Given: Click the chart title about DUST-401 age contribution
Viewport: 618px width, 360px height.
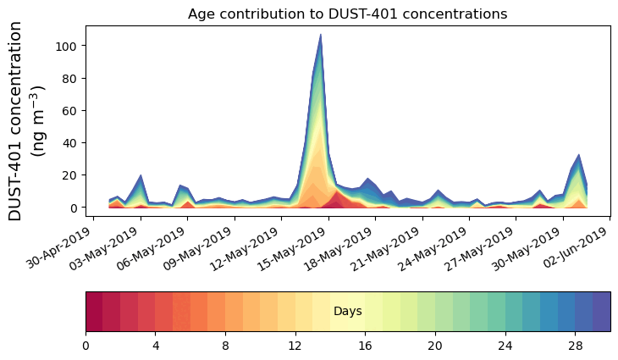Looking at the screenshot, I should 347,14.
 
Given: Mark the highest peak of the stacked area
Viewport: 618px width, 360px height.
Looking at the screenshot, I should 320,36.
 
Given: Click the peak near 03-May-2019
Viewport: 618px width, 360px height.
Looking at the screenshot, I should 141,176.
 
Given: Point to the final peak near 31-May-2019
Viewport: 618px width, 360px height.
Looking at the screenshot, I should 578,156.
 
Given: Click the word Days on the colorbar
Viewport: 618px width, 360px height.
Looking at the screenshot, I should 347,312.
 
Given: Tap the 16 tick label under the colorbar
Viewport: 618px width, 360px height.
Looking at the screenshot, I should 365,346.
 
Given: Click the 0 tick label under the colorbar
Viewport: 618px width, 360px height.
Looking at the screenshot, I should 86,346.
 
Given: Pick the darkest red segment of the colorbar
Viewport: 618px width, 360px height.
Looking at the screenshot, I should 94,312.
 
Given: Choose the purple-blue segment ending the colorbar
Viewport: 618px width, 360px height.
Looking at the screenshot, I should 602,312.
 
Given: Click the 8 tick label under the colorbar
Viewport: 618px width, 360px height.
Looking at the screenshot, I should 225,346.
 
